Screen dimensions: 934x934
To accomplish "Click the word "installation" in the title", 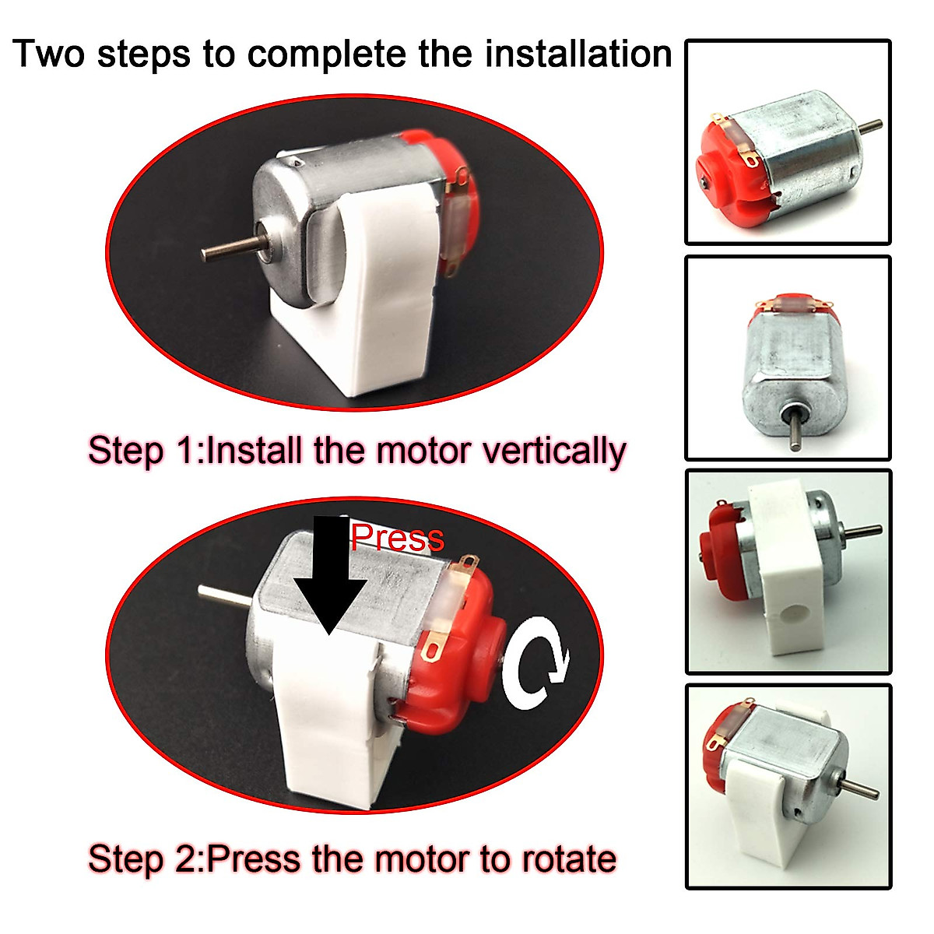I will point(578,54).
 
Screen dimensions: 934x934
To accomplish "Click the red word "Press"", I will point(397,538).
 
